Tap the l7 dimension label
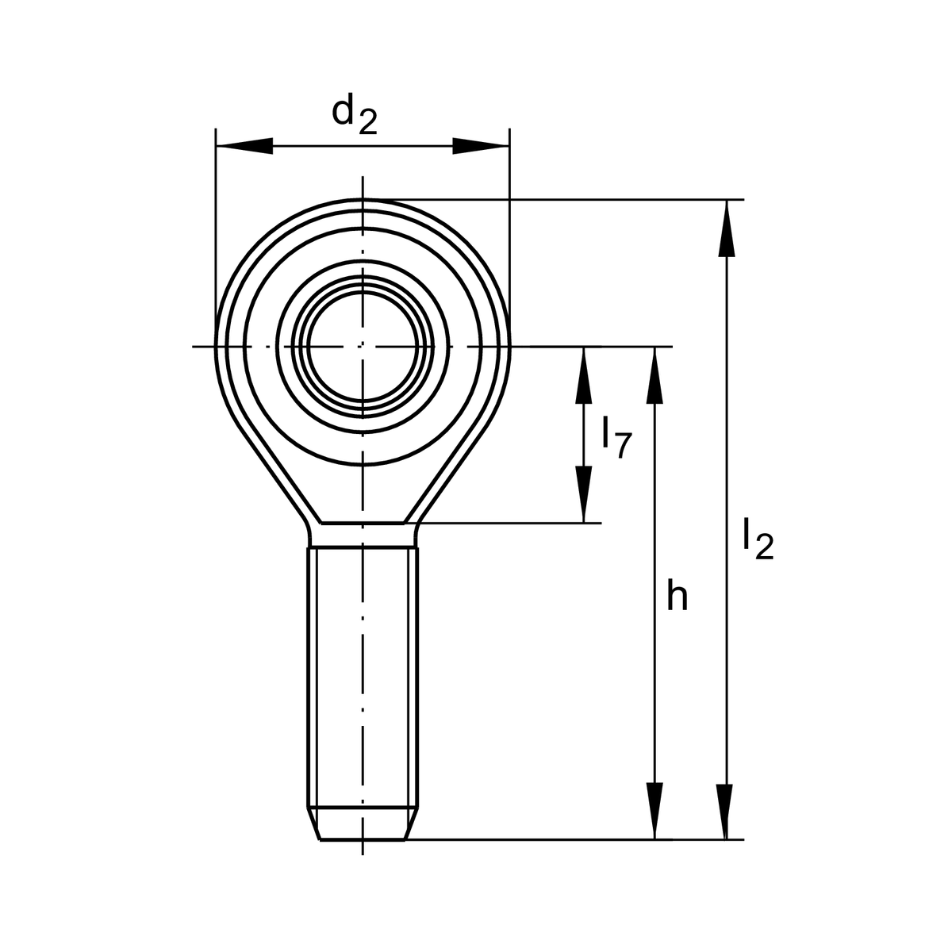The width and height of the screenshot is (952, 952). click(617, 438)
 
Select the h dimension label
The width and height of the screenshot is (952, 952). click(677, 595)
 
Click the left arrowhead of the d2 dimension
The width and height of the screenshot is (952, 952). click(244, 146)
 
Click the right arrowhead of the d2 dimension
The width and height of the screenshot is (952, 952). click(481, 146)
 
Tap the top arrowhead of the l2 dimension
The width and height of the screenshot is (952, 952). click(726, 228)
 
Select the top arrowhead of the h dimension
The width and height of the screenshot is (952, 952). click(654, 375)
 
